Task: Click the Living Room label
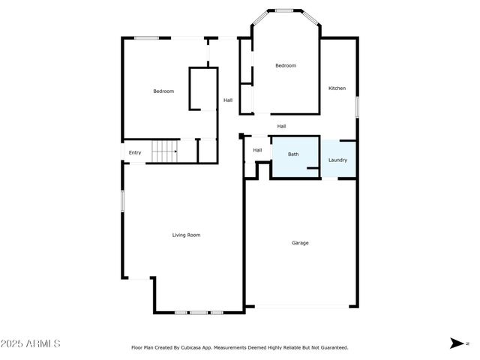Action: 186,235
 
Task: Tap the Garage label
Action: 300,242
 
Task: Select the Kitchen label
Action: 337,88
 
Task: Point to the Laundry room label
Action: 337,160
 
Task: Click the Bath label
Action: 293,154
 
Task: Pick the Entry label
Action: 135,153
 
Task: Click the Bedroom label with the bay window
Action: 286,66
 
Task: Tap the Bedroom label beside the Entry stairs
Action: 163,91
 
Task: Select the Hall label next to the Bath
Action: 257,150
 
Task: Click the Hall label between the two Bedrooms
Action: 228,100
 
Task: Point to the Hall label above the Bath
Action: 281,126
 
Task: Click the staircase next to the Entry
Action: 164,152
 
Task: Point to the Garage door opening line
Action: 301,305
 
